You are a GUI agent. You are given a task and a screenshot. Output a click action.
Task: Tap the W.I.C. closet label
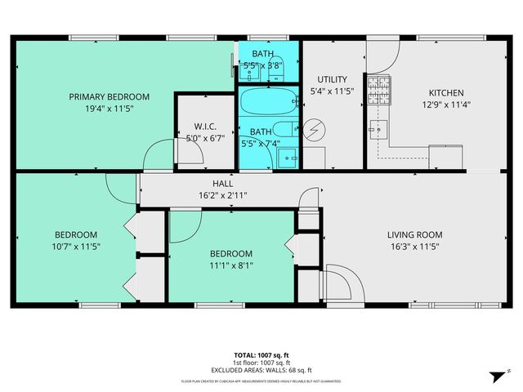204,127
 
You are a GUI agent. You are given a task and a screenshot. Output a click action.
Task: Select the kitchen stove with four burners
378,90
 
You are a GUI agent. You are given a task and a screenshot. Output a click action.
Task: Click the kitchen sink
376,128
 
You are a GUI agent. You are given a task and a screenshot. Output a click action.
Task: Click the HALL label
222,185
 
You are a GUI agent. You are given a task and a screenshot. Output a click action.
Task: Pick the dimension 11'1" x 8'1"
230,265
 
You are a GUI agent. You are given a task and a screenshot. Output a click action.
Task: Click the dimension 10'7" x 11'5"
76,246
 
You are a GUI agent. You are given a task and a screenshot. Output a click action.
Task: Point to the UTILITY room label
330,79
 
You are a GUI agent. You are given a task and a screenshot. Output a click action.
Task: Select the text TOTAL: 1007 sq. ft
261,355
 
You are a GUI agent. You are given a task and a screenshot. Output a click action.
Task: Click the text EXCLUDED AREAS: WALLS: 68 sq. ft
261,369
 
